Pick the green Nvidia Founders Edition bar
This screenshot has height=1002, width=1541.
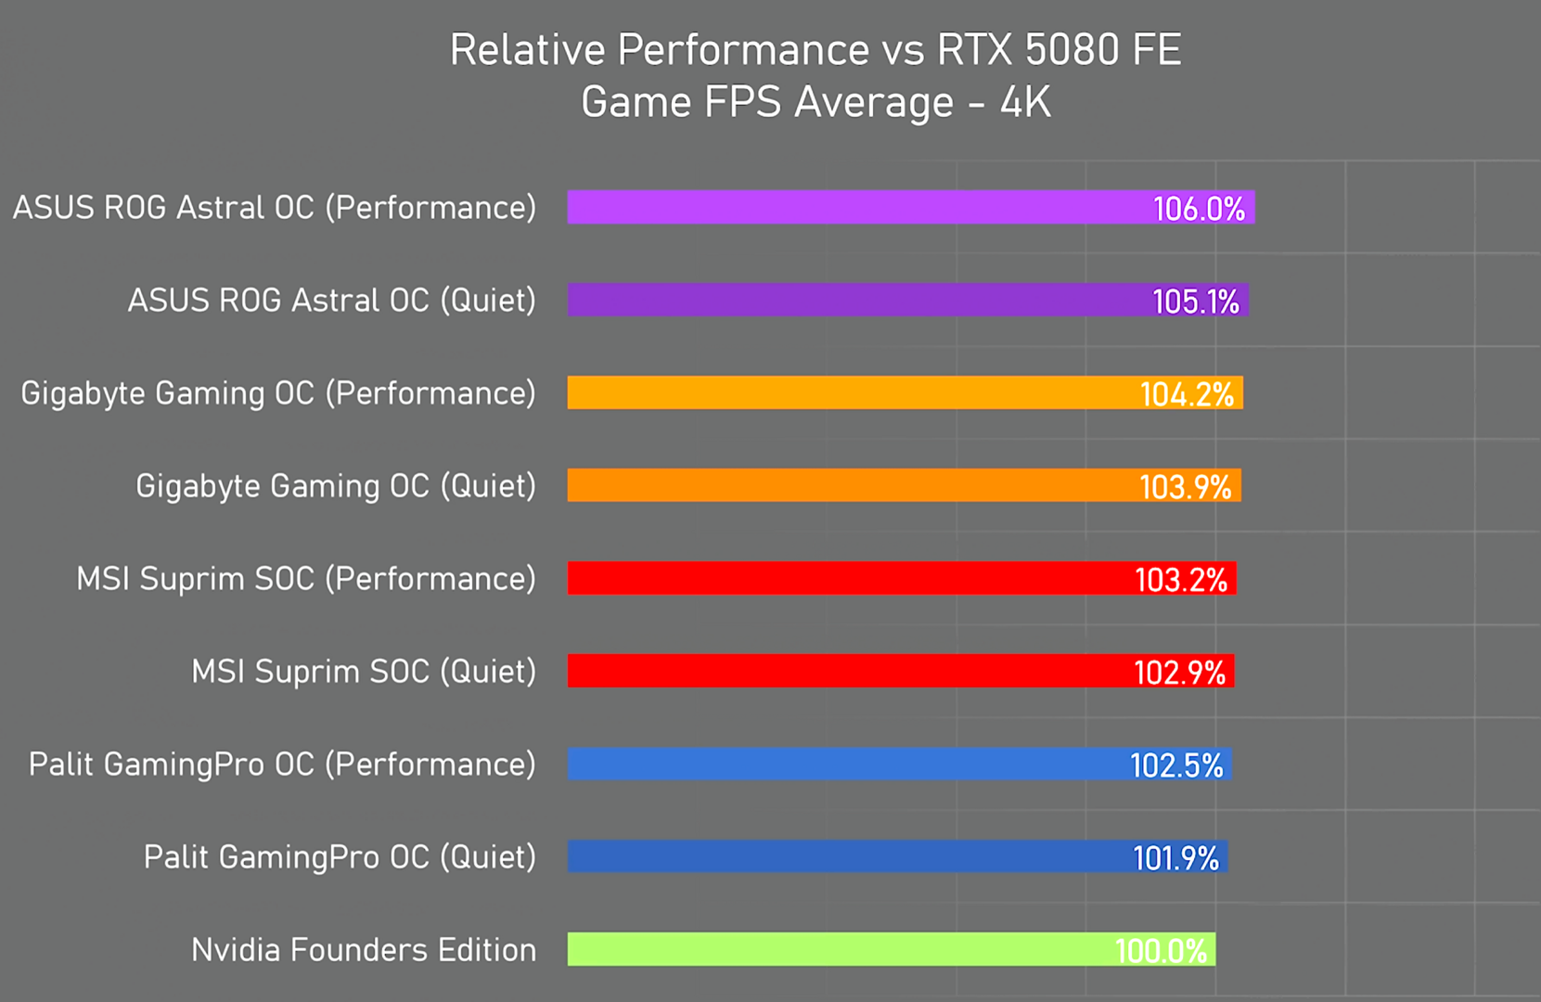[835, 949]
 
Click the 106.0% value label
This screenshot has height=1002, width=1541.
[1199, 209]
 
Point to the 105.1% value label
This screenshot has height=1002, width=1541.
[1195, 302]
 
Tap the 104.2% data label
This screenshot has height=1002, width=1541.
[1187, 394]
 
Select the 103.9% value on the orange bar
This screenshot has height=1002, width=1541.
[1185, 487]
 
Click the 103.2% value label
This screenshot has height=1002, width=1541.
[1181, 580]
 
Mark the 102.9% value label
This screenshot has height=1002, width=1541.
[1179, 673]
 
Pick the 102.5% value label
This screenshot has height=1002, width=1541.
[1176, 765]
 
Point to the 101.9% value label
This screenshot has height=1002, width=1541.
[1175, 858]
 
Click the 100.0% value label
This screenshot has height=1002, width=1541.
[1161, 951]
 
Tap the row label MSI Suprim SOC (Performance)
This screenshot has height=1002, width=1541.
[306, 579]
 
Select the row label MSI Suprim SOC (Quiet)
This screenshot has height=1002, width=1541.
[364, 672]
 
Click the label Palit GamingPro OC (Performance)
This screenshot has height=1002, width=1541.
[282, 764]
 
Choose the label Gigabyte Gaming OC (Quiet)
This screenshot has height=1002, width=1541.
[336, 486]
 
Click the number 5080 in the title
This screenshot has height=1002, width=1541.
[1059, 50]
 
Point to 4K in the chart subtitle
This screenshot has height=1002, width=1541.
[1025, 102]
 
